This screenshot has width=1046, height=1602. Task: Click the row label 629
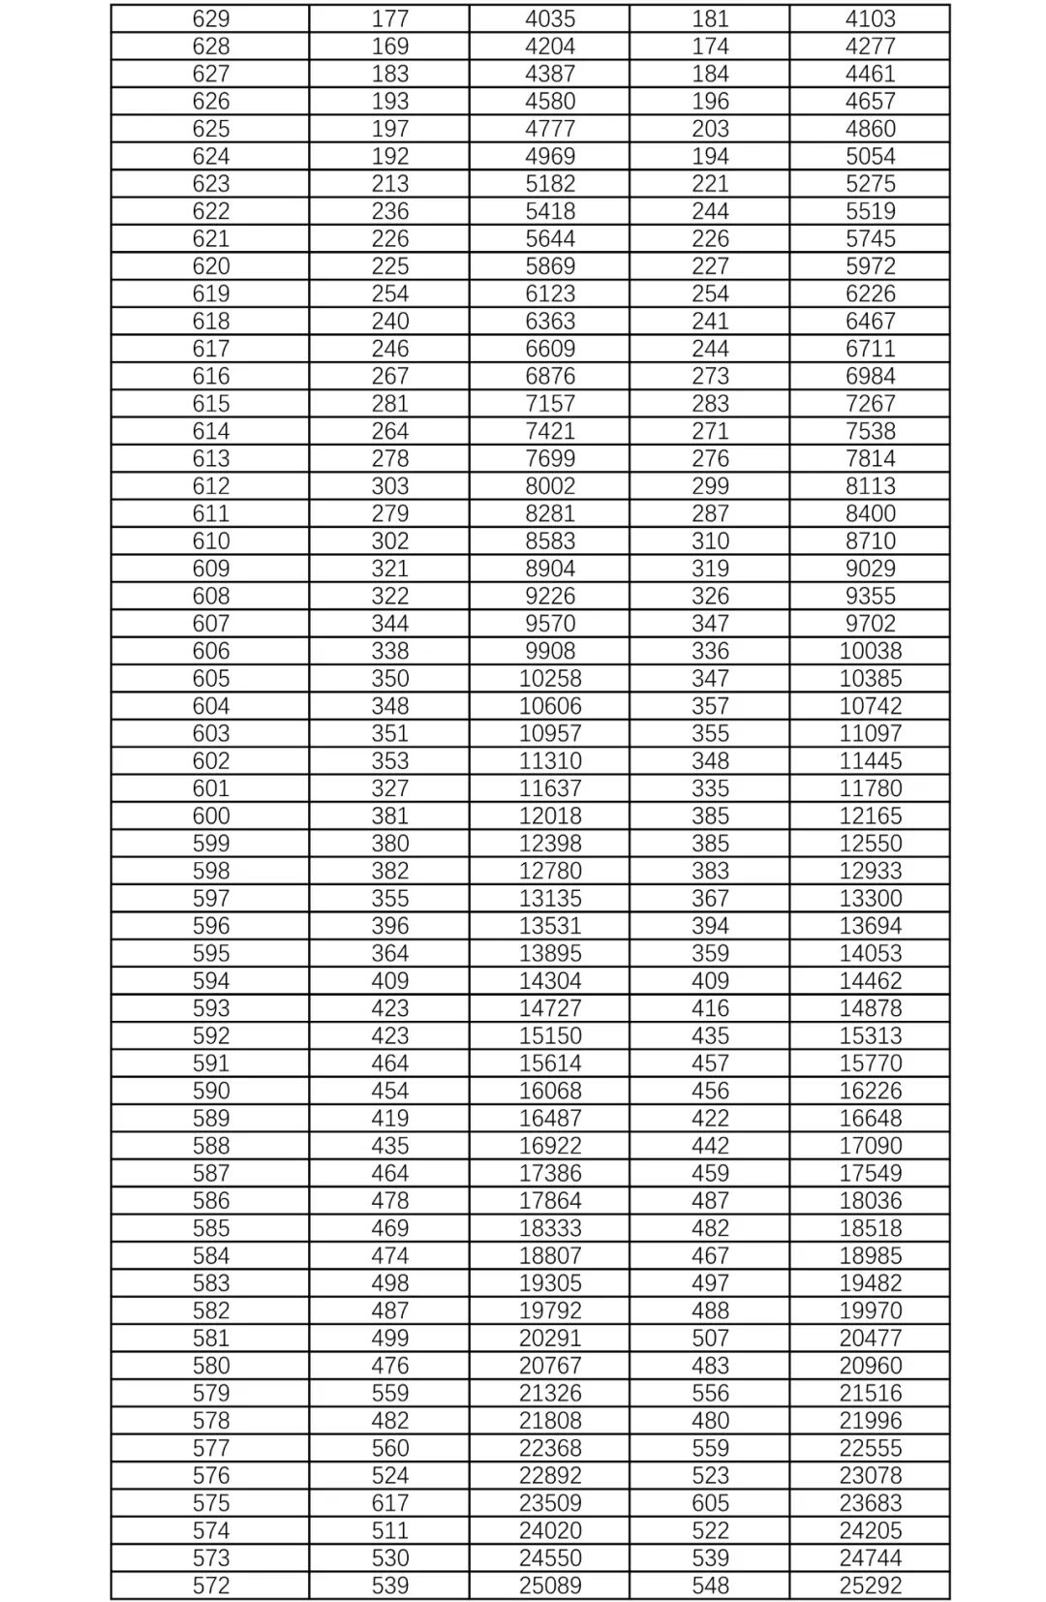point(211,18)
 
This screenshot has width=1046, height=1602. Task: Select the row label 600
point(211,816)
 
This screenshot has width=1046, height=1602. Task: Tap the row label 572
point(211,1586)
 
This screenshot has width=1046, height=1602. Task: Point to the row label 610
point(211,540)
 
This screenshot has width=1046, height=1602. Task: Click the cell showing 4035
point(550,18)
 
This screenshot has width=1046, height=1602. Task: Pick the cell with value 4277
point(870,46)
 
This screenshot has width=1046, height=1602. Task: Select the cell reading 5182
point(550,183)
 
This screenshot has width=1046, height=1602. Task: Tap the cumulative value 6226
point(870,293)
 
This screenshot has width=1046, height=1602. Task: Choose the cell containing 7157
point(550,403)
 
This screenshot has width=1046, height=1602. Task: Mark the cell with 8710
point(870,540)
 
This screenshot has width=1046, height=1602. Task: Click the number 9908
point(550,651)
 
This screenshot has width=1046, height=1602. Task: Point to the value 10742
point(870,706)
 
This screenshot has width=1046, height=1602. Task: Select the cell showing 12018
point(550,816)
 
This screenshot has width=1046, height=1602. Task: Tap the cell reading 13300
point(870,898)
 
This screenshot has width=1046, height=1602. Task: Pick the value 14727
point(550,1008)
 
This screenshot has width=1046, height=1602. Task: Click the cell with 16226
point(870,1091)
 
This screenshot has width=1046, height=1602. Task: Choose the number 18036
point(870,1200)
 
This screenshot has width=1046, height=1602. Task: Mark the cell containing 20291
point(550,1338)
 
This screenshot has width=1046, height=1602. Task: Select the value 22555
point(870,1448)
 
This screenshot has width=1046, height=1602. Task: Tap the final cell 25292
point(870,1586)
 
